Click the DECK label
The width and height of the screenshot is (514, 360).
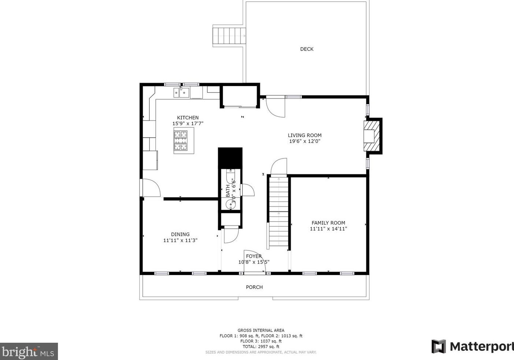306,49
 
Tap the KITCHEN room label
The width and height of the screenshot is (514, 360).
188,118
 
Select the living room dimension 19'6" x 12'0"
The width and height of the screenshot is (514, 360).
305,141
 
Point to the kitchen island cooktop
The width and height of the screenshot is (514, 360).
181,140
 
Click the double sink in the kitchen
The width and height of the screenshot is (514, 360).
181,93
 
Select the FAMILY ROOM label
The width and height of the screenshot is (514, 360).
328,223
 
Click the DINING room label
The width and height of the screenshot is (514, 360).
180,234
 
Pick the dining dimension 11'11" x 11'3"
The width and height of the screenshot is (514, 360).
180,240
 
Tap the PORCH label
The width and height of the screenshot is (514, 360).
254,287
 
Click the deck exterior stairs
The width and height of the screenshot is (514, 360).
229,36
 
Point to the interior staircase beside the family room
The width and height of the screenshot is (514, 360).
278,212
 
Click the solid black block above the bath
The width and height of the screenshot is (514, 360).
230,158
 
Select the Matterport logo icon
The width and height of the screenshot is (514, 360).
439,346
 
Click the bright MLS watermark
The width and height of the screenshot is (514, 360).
29,351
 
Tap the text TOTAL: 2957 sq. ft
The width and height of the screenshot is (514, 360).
261,346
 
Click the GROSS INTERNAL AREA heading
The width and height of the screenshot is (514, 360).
261,330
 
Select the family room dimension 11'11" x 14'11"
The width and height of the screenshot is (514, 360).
328,229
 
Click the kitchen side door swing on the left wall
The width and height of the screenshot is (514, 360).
151,188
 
